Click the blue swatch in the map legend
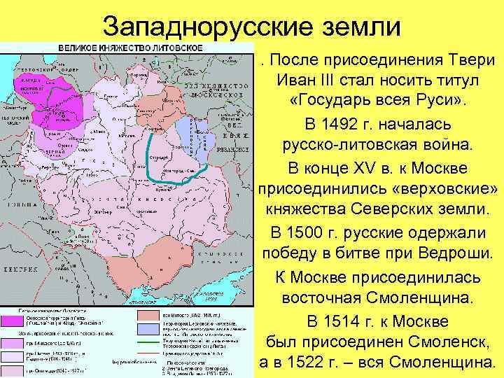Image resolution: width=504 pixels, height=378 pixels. coord(148,328)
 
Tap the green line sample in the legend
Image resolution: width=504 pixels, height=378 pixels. coord(148,342)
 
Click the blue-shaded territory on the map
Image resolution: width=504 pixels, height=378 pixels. coord(186,133)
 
